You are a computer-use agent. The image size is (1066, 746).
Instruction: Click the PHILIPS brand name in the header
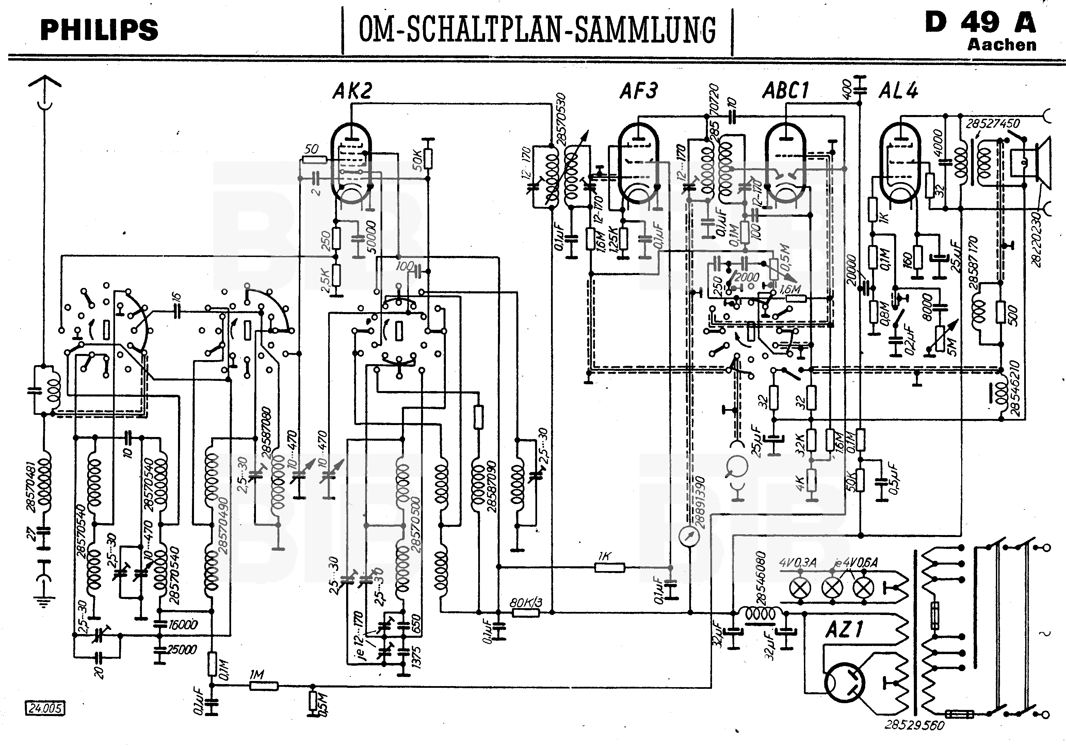coord(99,30)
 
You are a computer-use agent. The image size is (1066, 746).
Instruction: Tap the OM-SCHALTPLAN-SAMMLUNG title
coord(537,30)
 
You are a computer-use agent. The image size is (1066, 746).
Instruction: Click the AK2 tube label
coord(352,91)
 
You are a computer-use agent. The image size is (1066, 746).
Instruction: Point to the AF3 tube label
coord(639,91)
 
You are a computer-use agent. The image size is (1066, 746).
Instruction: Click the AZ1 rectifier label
coord(844,630)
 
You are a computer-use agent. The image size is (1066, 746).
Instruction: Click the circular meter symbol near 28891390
coord(689,537)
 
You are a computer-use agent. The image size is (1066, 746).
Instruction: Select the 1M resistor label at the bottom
coord(257,674)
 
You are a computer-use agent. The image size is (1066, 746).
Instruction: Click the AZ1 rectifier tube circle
coord(844,683)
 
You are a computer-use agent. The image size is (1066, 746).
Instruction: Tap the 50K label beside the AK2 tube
coord(417,160)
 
